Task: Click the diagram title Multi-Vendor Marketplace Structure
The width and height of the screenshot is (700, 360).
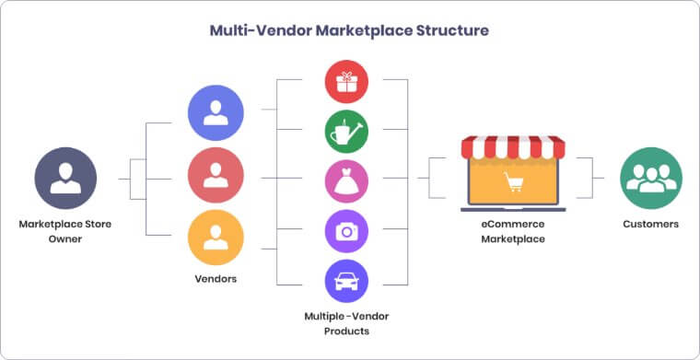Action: [349, 30]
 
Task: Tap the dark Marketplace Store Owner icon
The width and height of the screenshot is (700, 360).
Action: [65, 178]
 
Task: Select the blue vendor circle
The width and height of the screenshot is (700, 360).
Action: [216, 113]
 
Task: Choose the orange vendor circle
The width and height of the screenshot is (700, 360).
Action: [216, 238]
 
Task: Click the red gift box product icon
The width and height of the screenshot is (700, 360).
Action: [347, 82]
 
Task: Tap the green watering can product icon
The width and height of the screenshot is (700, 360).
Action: [347, 132]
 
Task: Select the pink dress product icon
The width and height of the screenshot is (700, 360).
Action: [347, 180]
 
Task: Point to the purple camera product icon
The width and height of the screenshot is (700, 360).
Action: [347, 231]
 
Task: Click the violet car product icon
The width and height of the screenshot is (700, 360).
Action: [347, 281]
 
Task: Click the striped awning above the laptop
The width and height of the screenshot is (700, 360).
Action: [513, 146]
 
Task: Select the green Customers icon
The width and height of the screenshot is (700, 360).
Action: [651, 178]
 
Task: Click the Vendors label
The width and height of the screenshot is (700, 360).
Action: [216, 279]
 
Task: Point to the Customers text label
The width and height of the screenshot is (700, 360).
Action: [651, 224]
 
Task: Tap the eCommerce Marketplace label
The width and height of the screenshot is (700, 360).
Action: [513, 231]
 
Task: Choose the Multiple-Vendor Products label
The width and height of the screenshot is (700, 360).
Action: [348, 323]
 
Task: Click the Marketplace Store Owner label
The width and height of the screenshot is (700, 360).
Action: [65, 231]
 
